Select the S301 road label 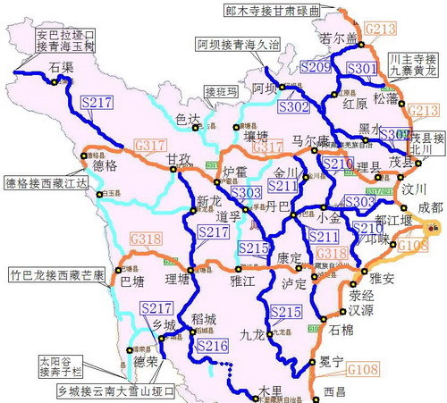point(361,68)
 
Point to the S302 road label point(292,105)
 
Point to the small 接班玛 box point(222,91)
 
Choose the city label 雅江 point(243,279)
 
